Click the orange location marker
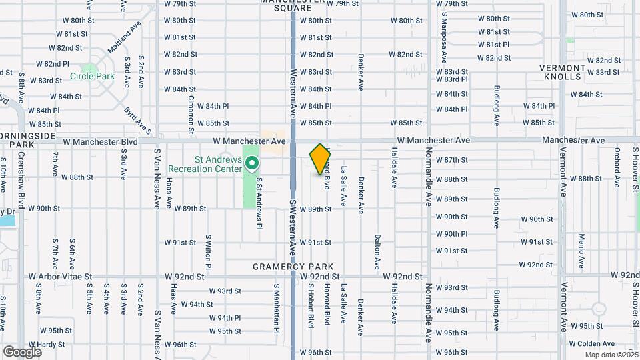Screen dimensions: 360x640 320,159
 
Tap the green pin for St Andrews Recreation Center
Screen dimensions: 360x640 252,163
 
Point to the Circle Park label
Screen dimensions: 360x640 92,76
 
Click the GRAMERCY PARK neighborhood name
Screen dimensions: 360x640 283,267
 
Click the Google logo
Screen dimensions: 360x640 22,352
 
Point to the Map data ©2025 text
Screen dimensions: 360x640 611,355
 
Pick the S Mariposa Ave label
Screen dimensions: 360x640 443,29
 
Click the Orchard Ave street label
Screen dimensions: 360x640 617,163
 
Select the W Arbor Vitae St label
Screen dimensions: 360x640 59,275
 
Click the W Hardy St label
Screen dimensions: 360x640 47,345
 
